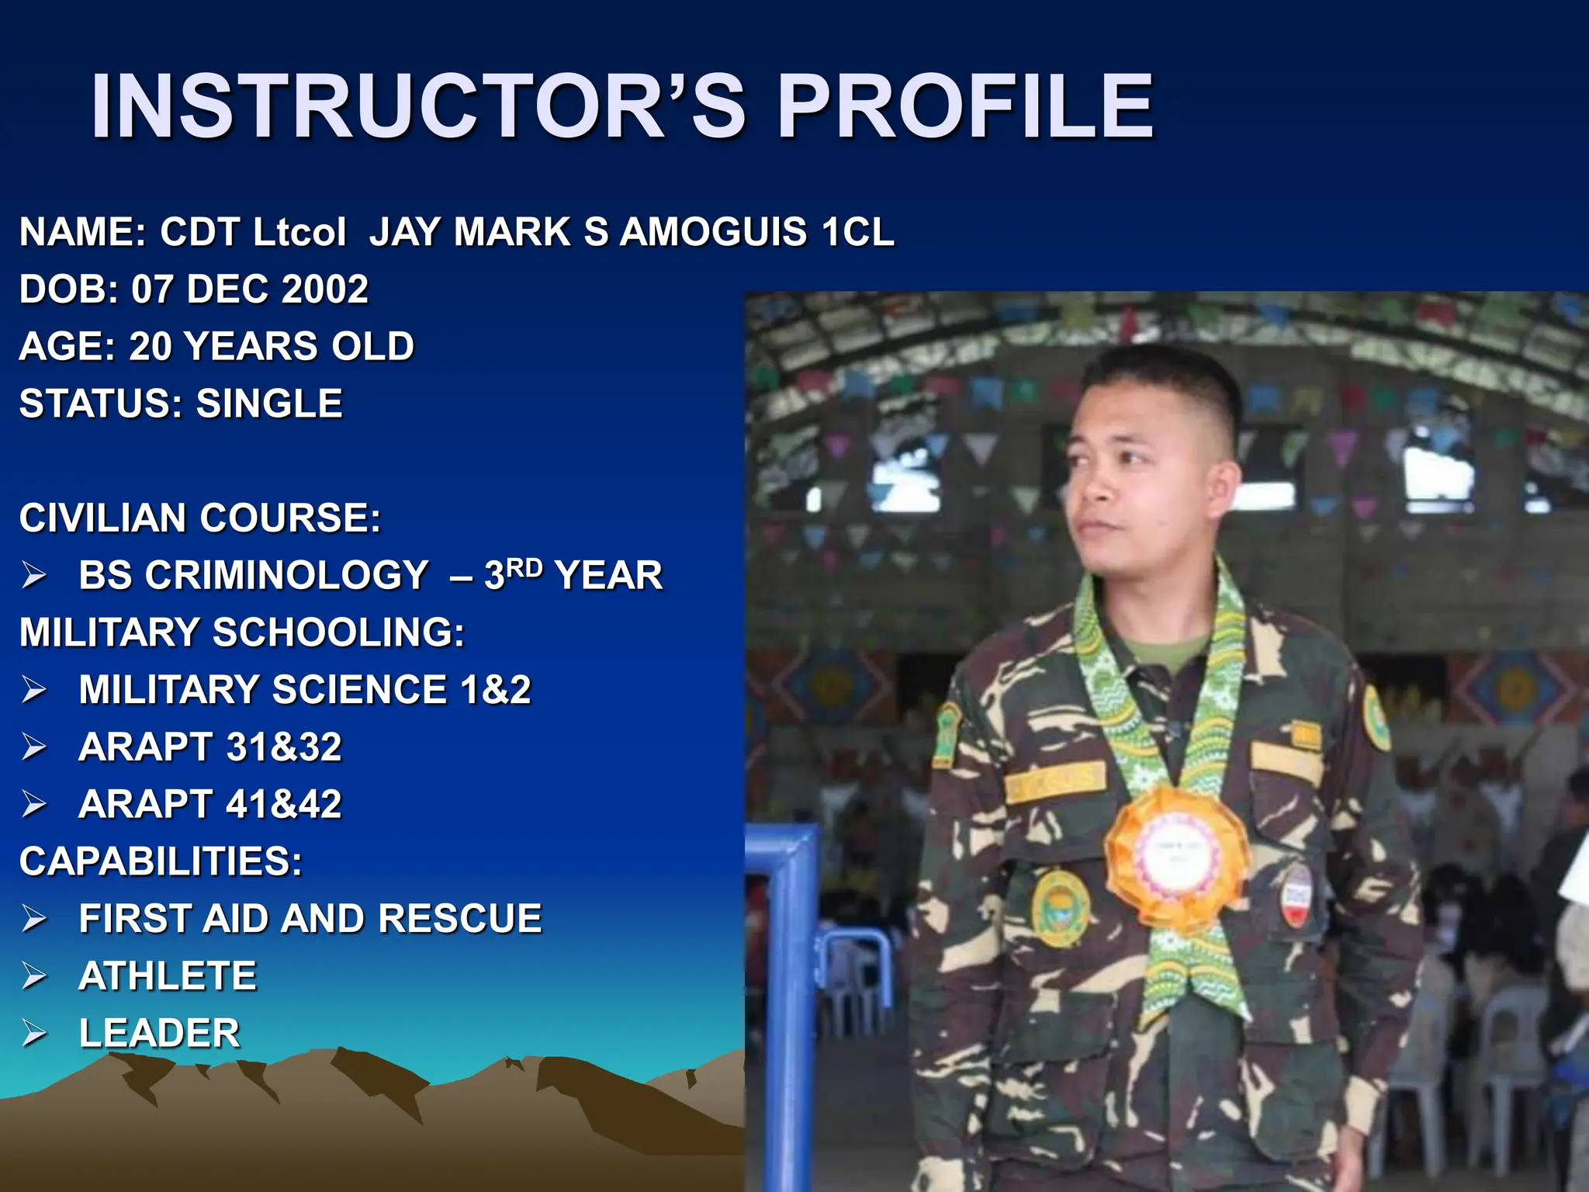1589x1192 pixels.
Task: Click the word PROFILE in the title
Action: (x=965, y=106)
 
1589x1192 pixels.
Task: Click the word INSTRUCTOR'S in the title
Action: (x=417, y=106)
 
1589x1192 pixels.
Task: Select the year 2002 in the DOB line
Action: (x=325, y=289)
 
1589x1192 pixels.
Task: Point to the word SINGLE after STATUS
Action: (x=269, y=404)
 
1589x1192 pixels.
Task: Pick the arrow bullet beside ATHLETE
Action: (x=34, y=976)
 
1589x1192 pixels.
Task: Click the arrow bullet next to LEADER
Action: (x=34, y=1034)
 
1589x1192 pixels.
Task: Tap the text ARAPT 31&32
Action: (x=210, y=747)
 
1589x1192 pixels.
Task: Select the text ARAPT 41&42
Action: (x=210, y=805)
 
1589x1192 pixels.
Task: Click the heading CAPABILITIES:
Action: (x=161, y=861)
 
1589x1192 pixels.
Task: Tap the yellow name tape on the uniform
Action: (x=1055, y=781)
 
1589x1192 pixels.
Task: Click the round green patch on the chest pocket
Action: (x=1060, y=906)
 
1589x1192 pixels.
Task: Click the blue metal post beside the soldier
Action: (x=791, y=1009)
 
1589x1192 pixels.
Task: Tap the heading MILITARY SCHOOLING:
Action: (x=242, y=632)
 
